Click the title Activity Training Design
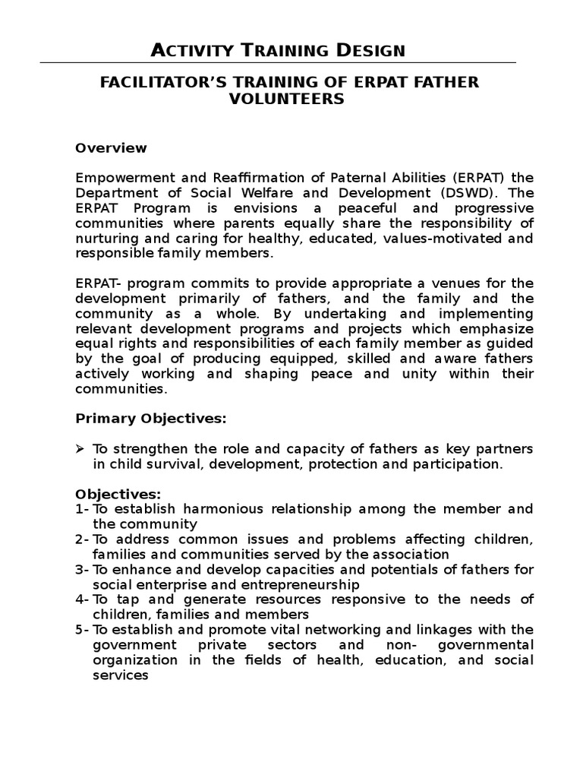278,50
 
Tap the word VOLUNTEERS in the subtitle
291,99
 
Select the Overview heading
111,147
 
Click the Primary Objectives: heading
150,419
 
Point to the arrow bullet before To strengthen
80,449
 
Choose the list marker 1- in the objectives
82,509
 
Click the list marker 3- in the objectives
82,570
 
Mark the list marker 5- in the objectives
82,630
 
